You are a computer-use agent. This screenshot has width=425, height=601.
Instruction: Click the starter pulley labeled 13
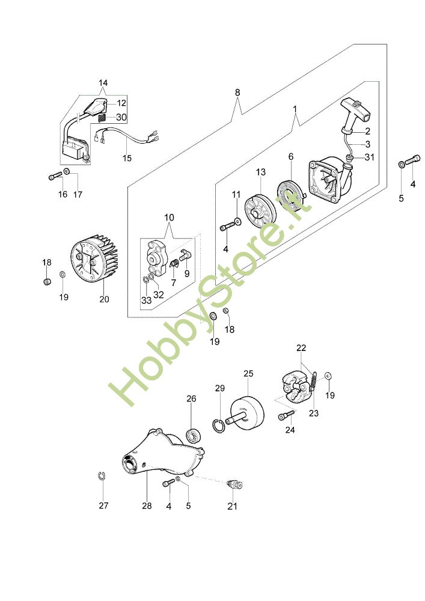tap(260, 212)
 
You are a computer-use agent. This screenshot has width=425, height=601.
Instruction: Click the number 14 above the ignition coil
tap(103, 82)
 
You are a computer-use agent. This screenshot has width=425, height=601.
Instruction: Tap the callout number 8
tap(237, 93)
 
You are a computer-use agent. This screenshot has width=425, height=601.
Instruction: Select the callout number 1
tap(295, 110)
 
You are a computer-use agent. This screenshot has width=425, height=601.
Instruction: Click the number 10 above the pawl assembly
tap(168, 216)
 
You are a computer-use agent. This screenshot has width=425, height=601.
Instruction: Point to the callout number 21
tap(233, 506)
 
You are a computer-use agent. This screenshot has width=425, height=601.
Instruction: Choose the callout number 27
tap(103, 505)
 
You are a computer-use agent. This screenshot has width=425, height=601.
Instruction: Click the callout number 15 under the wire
tap(127, 159)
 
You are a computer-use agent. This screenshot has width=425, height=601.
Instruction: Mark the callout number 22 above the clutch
tap(301, 348)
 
